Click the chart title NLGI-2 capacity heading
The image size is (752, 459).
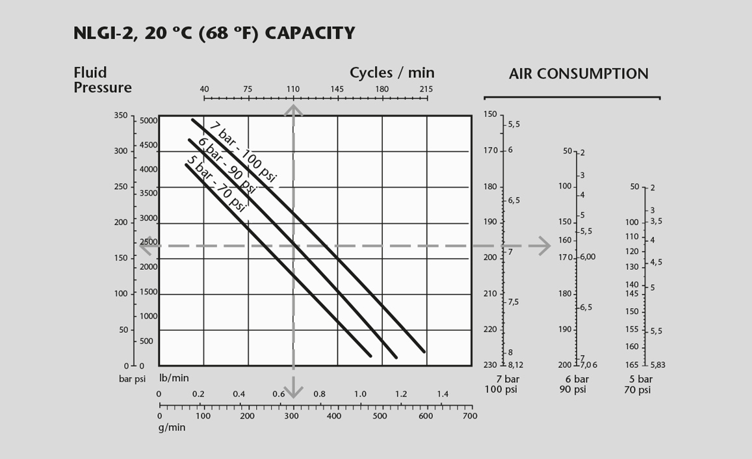(214, 33)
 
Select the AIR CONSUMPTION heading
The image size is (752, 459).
(578, 74)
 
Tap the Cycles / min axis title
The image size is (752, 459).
(392, 73)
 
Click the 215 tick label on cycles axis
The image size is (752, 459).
(426, 89)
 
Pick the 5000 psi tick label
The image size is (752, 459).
(148, 121)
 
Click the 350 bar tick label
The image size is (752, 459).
(121, 116)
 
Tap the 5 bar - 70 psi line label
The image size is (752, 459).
(216, 184)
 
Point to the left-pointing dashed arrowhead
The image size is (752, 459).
(146, 246)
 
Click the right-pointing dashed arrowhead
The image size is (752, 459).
(544, 246)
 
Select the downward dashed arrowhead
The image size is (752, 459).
(294, 391)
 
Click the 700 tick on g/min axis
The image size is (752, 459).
(469, 416)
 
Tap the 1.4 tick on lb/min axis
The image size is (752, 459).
(442, 394)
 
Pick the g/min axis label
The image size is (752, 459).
(172, 427)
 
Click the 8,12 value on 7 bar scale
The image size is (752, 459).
(515, 365)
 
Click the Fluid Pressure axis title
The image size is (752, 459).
(103, 80)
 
